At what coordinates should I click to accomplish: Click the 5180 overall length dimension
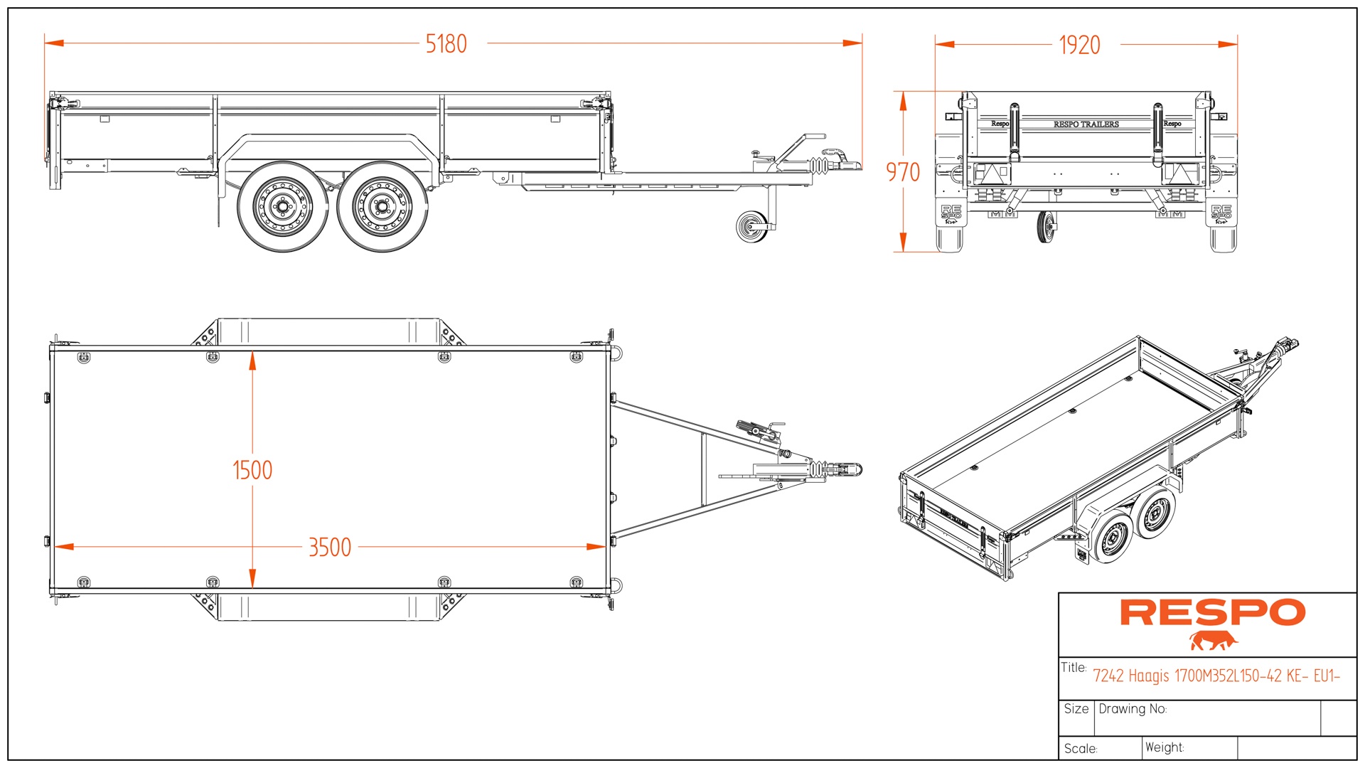[446, 44]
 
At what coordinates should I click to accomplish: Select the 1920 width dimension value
[1079, 46]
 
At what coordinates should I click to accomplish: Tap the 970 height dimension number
[902, 172]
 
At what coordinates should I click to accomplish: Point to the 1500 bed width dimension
[252, 470]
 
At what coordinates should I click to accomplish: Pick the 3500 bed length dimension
[330, 548]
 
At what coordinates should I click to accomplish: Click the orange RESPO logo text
[1213, 613]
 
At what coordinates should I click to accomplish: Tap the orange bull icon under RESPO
[1213, 641]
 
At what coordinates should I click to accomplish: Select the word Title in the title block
[1073, 668]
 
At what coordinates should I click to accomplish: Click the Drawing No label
[1133, 709]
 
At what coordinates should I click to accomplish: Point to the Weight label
[1165, 747]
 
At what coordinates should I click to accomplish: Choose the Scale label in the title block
[1081, 749]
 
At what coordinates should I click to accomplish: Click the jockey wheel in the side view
[752, 228]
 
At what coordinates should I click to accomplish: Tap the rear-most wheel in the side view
[282, 207]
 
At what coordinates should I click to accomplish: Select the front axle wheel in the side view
[382, 207]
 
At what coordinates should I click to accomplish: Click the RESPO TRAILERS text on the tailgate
[1086, 124]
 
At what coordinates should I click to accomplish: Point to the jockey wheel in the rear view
[1044, 228]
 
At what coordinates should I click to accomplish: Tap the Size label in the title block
[1076, 709]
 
